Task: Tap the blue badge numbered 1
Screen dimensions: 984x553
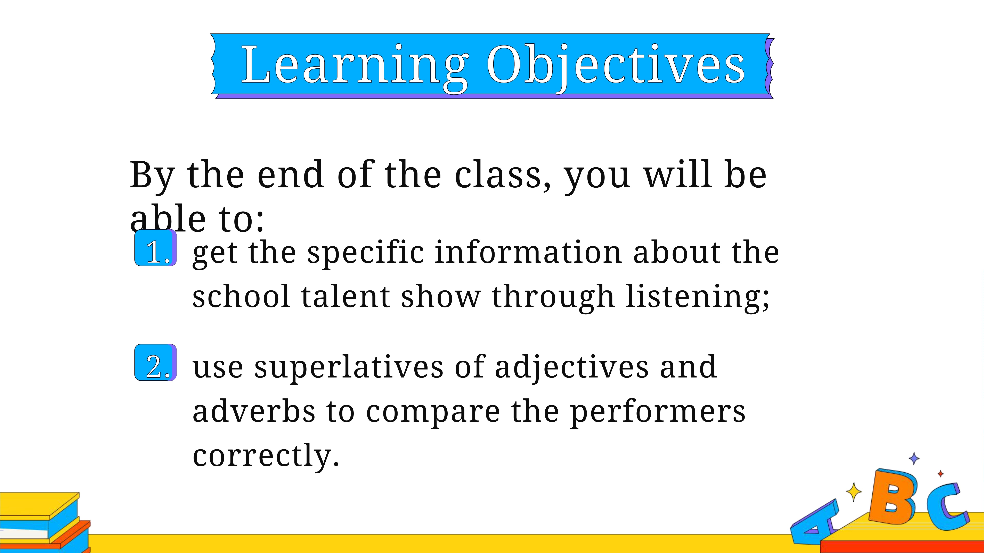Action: click(x=155, y=248)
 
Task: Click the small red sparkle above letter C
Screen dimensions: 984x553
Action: click(x=941, y=474)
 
